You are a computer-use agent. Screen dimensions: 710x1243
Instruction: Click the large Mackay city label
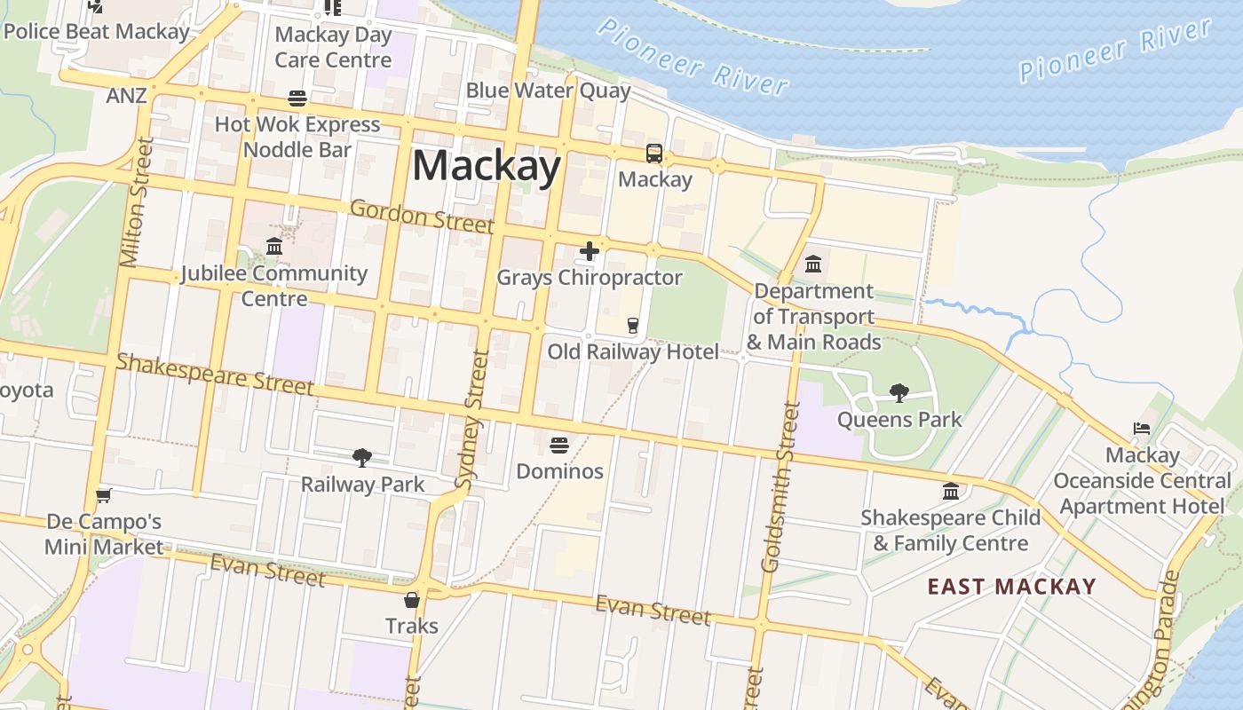[x=487, y=166]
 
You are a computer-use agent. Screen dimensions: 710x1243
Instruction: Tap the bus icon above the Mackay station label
[x=654, y=154]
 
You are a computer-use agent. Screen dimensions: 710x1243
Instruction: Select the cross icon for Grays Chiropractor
[x=589, y=252]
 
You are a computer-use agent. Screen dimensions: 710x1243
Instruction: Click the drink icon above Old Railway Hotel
[x=633, y=326]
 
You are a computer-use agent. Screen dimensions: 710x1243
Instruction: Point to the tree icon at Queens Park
[x=899, y=392]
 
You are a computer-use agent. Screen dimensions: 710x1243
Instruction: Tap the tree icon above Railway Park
[x=361, y=458]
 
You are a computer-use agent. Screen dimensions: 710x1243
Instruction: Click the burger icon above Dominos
[x=559, y=445]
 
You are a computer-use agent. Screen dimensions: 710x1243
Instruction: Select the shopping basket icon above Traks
[x=411, y=600]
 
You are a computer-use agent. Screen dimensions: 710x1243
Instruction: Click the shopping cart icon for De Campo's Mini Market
[x=104, y=495]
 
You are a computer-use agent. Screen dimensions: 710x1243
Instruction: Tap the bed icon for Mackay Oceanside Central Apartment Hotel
[x=1142, y=429]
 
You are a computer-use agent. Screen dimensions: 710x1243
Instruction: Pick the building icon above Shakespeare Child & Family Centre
[x=951, y=491]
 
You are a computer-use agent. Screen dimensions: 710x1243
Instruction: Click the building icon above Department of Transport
[x=813, y=264]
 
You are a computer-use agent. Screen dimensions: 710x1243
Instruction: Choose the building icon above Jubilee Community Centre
[x=274, y=246]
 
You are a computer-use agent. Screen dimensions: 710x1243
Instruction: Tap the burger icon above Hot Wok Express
[x=297, y=98]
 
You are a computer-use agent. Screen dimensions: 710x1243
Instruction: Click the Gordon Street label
[x=422, y=216]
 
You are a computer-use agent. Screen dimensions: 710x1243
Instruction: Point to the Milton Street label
[x=136, y=202]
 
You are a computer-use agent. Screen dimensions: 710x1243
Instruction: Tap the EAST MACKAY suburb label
[x=1011, y=587]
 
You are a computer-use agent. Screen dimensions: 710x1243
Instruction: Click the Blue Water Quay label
[x=548, y=91]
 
